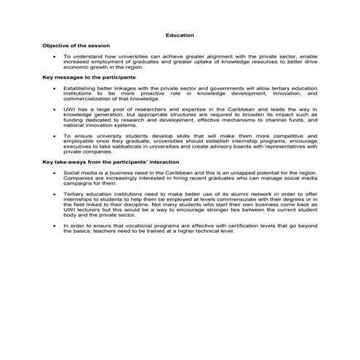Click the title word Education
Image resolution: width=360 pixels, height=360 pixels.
coord(180,35)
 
